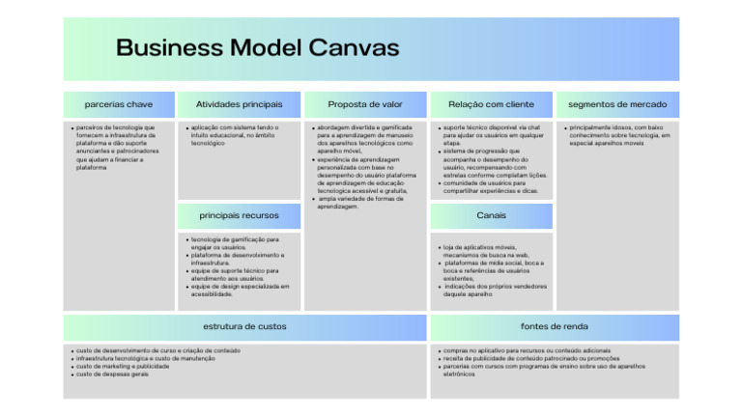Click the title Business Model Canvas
257,47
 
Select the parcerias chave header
119,104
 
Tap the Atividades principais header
239,104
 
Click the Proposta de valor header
364,104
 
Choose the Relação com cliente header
491,104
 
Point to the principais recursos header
239,215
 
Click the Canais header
491,215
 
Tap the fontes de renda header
554,326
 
